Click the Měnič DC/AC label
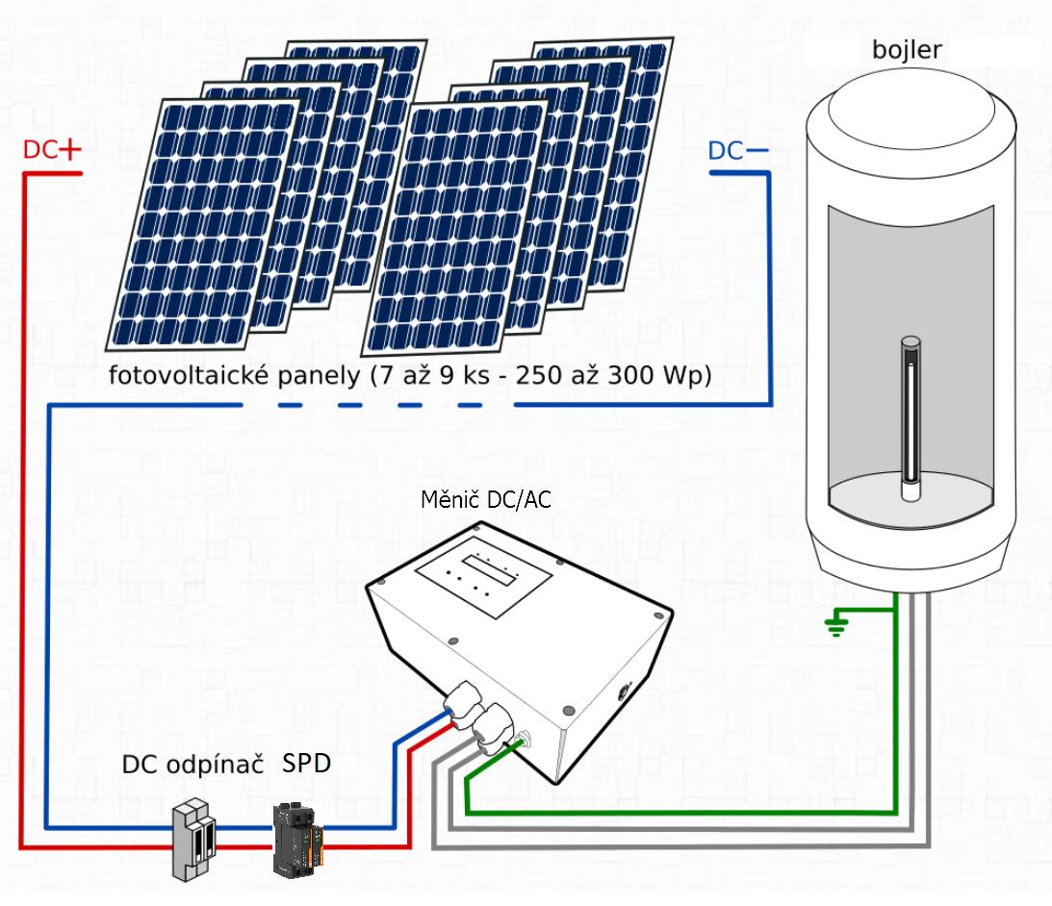coord(486,500)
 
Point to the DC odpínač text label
coord(192,765)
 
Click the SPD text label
coord(307,764)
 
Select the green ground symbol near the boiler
coord(834,626)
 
